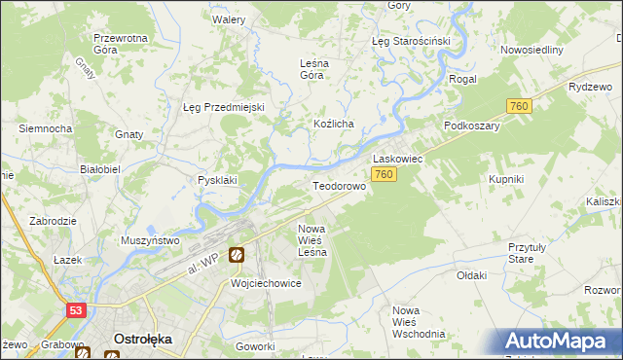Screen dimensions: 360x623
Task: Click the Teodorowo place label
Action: (x=338, y=185)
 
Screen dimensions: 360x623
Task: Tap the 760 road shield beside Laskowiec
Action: (x=384, y=174)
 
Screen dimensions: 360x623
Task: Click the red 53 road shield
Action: (x=77, y=310)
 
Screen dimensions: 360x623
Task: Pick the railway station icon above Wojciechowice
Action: (x=237, y=256)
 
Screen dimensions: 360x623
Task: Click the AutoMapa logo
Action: (x=560, y=342)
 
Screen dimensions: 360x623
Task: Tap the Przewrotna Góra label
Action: (x=119, y=44)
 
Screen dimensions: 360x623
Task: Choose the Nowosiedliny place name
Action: (x=531, y=50)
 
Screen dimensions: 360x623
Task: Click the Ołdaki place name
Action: (x=471, y=275)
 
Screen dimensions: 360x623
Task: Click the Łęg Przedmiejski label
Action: (x=224, y=107)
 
